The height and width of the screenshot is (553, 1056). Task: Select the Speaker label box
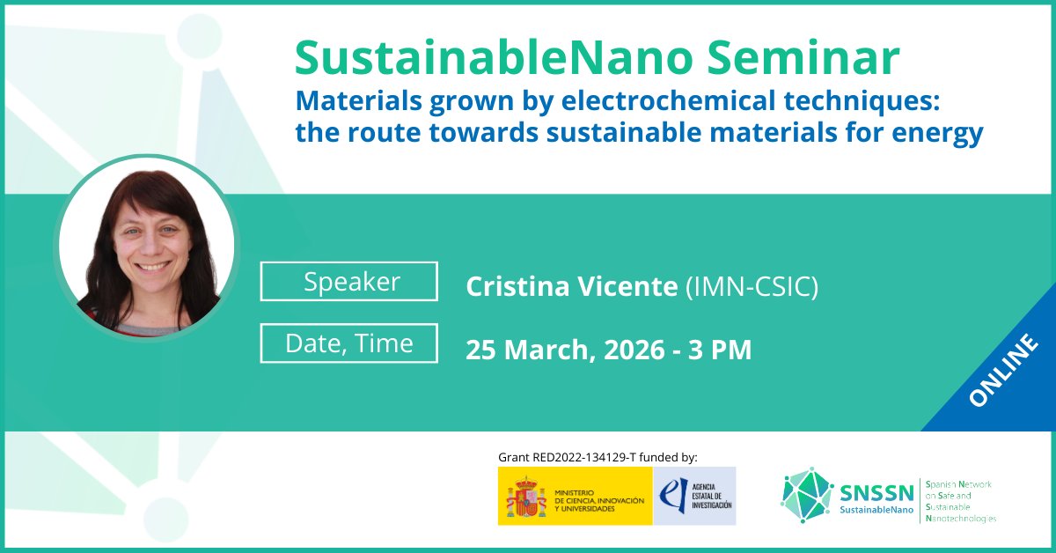349,282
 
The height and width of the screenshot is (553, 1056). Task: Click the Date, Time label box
349,343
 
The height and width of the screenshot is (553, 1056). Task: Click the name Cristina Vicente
571,287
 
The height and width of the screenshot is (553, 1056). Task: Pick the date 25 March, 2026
564,350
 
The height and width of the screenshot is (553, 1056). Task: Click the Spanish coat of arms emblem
526,497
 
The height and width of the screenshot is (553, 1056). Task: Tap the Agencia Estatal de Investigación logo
694,497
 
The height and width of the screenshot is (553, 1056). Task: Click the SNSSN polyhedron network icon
806,495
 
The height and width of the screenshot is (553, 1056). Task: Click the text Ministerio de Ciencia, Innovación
599,497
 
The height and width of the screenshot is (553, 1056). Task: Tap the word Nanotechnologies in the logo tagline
962,520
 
